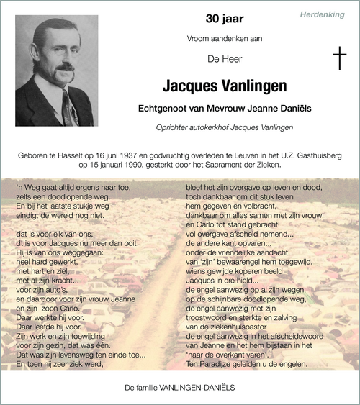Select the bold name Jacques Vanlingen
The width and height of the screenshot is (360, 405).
coord(224,86)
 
